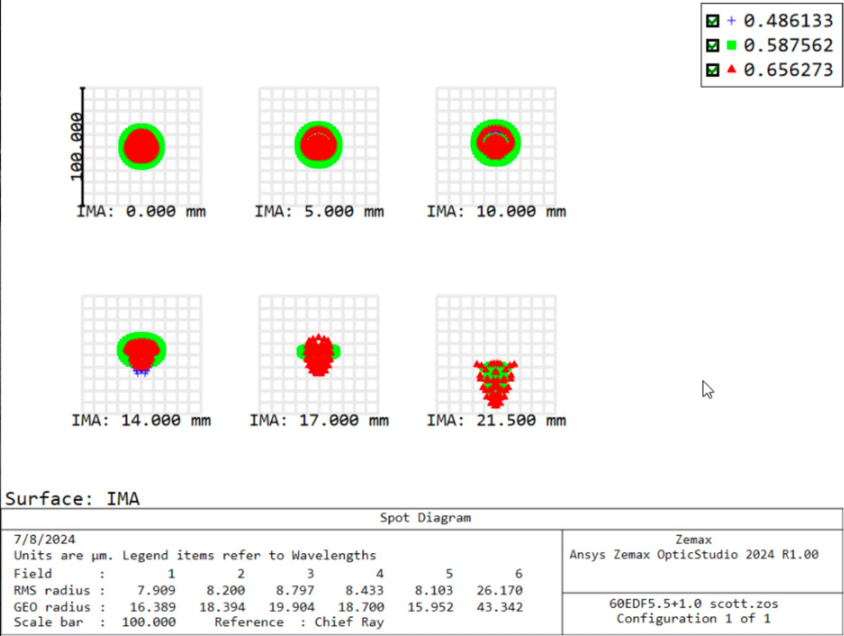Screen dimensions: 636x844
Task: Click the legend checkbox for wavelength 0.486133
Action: tap(713, 21)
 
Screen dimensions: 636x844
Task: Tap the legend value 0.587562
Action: tap(788, 46)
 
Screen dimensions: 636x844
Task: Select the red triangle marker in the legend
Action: tap(731, 69)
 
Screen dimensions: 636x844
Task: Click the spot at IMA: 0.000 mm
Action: tap(141, 146)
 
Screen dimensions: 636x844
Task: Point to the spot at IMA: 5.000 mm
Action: tap(318, 145)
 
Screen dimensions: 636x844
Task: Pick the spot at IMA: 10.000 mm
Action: tap(496, 143)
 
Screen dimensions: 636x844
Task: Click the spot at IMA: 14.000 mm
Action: tap(141, 351)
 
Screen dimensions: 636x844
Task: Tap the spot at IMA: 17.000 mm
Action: tap(318, 354)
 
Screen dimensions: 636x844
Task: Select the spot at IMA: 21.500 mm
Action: tap(496, 383)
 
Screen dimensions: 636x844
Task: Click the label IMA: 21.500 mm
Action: tap(496, 420)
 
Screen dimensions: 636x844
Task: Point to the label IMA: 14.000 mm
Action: tap(141, 420)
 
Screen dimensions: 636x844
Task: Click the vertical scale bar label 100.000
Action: tap(77, 146)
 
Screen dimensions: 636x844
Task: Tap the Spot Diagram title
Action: tap(425, 518)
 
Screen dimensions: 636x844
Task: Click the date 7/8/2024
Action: tap(44, 540)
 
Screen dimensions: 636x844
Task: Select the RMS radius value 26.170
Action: tap(499, 590)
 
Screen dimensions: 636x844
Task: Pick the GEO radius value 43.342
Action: tap(499, 607)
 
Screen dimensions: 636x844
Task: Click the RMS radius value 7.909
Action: tap(156, 590)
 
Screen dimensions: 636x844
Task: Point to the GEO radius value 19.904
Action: tap(291, 607)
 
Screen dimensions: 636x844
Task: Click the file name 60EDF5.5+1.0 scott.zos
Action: tap(694, 604)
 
